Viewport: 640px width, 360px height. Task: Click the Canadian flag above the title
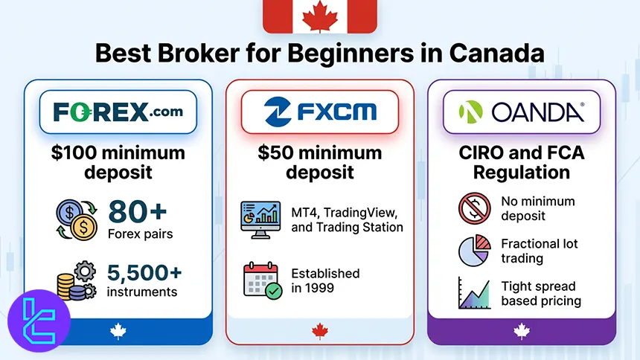[x=320, y=16]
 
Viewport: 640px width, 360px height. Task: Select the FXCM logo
[x=320, y=112]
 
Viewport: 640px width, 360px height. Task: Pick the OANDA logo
[x=522, y=112]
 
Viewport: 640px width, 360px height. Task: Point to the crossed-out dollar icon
[x=475, y=208]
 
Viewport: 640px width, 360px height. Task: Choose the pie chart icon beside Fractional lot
[x=475, y=251]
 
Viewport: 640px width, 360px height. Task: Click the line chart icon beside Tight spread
[x=475, y=293]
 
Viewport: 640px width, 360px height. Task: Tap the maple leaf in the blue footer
[x=118, y=331]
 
